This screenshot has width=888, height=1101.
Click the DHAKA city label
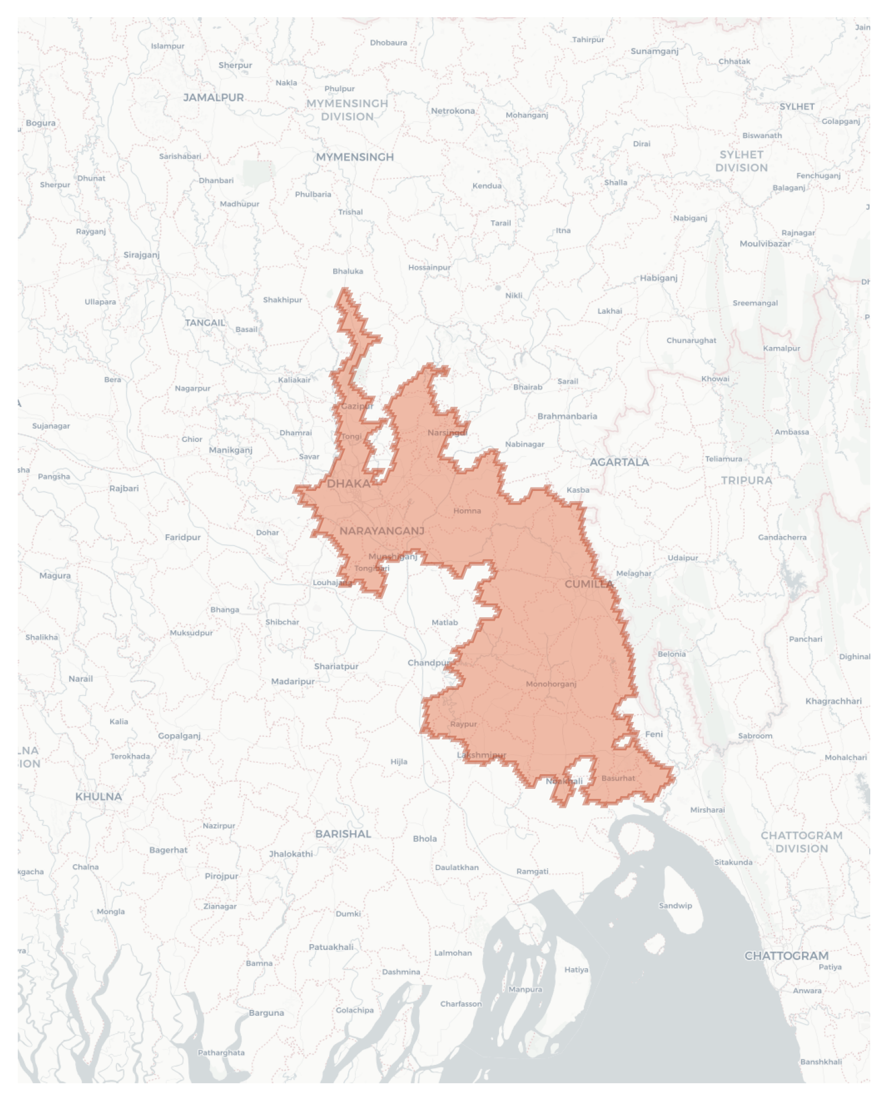tap(348, 484)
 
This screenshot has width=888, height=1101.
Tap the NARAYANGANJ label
tap(382, 531)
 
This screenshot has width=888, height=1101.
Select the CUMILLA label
tap(588, 584)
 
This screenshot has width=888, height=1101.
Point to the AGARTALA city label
tap(619, 462)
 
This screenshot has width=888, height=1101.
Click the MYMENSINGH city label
tap(355, 157)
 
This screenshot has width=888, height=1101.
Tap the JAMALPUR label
tap(213, 98)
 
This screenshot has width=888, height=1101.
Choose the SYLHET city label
tap(797, 107)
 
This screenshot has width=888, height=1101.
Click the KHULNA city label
tap(98, 797)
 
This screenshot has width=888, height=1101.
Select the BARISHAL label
tap(343, 834)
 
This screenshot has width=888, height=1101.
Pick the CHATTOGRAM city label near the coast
tap(786, 956)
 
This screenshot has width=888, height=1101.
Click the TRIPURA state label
tap(746, 480)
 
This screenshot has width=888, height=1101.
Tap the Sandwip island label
tap(675, 906)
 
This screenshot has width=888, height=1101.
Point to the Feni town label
tap(654, 734)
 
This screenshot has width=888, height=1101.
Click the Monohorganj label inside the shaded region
tap(551, 684)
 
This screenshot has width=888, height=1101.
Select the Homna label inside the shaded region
tap(466, 511)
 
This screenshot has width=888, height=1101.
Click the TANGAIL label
tap(205, 323)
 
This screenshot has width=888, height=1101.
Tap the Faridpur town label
tap(182, 538)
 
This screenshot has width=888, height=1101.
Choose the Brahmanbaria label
tap(567, 416)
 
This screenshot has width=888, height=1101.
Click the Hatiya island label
tap(576, 970)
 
